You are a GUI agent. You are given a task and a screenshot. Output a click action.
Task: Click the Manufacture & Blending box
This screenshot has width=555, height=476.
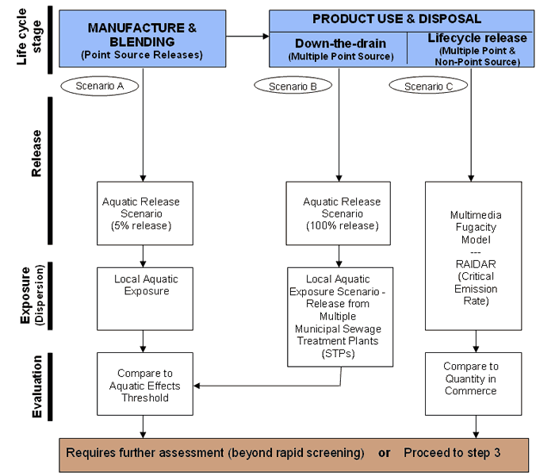tap(143, 39)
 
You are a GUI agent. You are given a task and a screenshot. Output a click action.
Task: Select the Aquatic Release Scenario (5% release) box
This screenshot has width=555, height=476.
tap(144, 214)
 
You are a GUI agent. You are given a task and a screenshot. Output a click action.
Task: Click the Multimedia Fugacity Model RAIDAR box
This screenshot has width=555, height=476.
tap(476, 255)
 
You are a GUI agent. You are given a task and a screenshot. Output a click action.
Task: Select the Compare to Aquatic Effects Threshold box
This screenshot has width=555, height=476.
tap(144, 385)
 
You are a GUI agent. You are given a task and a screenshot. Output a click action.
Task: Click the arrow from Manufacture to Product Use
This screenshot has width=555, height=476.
tap(247, 36)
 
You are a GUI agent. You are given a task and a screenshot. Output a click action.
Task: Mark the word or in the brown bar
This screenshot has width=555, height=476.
tap(385, 454)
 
